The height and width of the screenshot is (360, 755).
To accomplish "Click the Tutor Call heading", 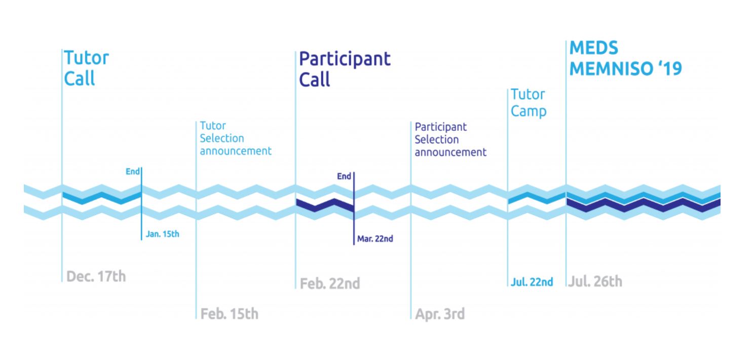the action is (86, 68).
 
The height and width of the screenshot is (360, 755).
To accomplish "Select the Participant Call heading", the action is (345, 69).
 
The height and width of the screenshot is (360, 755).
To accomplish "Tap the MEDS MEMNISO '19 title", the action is (626, 58).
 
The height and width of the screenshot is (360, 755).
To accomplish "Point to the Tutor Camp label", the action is (528, 103).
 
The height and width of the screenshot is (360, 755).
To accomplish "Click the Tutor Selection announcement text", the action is (235, 138).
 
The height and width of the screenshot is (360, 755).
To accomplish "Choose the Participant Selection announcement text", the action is (450, 139).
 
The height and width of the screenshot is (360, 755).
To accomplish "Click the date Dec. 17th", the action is (96, 276).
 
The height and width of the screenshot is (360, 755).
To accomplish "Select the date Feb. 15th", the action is (229, 314).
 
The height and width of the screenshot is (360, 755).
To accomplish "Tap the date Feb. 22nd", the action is (330, 283).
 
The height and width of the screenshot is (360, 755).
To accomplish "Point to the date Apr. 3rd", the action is (439, 314).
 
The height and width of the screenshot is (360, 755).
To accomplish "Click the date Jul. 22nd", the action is (532, 282).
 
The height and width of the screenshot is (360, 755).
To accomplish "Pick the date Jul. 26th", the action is (595, 281).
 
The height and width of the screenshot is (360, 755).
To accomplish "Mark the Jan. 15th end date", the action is (162, 234).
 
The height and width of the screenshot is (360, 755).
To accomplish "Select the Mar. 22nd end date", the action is (375, 238).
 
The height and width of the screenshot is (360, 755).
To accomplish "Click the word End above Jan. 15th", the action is (132, 171).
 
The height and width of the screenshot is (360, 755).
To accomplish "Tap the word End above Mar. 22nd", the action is (344, 176).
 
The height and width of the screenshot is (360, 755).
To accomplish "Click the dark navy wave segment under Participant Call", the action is (325, 205).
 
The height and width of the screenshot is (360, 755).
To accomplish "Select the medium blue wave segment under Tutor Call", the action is (102, 198).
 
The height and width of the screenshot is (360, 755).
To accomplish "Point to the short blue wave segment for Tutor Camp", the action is (537, 198).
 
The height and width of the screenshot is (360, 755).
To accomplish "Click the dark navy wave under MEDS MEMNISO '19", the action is (644, 205).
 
